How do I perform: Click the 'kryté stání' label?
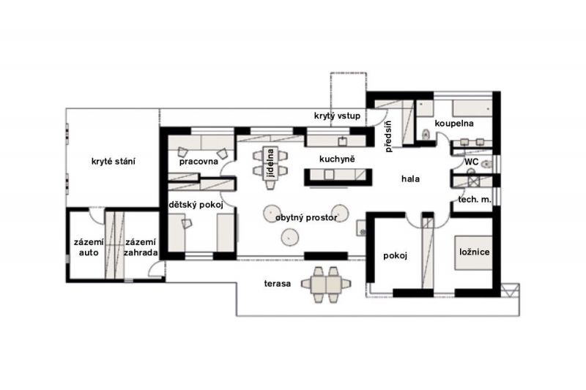114,161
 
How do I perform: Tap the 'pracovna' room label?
199,162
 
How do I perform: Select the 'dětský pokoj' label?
196,205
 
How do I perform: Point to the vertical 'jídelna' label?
270,162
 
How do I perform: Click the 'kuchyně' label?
337,159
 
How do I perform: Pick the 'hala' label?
410,179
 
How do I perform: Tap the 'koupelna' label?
454,123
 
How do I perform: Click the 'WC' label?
471,162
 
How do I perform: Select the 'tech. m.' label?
475,199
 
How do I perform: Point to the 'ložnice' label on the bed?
474,252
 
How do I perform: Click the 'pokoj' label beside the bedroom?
395,255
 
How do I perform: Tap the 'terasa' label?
278,283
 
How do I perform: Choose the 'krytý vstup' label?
337,116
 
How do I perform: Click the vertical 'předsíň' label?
388,136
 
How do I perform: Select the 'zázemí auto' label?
89,247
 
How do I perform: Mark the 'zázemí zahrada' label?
141,247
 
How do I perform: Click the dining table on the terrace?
326,285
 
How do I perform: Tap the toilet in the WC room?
486,164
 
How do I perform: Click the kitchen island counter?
338,177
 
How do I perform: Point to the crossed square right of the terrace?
509,290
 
